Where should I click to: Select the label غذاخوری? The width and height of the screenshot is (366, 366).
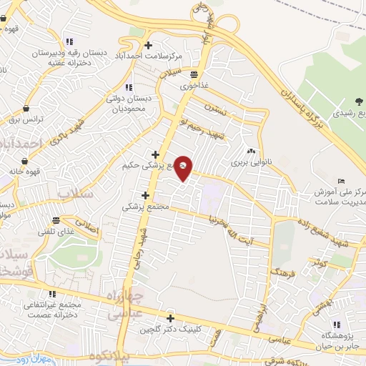tap(194, 85)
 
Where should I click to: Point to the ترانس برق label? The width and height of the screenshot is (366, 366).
tap(30, 119)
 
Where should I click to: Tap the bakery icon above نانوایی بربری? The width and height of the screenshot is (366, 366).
tap(251, 152)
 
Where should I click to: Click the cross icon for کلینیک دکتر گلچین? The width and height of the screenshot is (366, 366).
tap(170, 318)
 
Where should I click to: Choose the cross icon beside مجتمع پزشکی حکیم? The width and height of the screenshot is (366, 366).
tap(155, 154)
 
